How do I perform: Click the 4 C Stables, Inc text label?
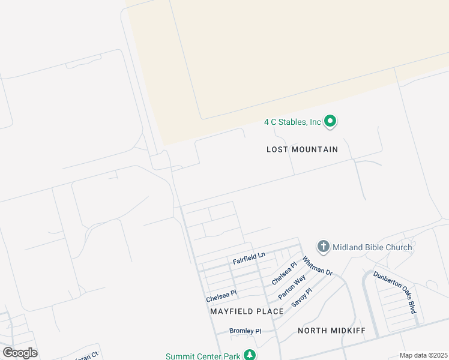293,122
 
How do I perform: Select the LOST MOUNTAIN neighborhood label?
302,149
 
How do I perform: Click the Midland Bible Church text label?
372,247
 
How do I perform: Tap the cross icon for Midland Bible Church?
324,247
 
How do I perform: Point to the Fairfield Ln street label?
249,259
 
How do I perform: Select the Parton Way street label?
292,287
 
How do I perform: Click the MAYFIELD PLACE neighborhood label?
247,311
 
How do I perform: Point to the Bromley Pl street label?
246,331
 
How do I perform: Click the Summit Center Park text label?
203,356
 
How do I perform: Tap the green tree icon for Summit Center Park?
250,355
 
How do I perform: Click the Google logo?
20,353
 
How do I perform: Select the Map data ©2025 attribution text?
423,355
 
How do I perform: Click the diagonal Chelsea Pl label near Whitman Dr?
284,273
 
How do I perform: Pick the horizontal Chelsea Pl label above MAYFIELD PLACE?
221,296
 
